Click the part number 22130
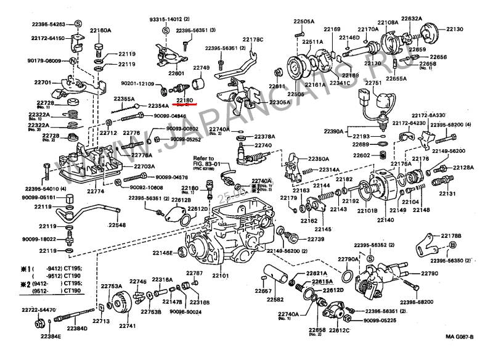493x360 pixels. click(x=455, y=29)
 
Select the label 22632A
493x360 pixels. click(x=412, y=18)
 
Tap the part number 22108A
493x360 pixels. click(x=388, y=23)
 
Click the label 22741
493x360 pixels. click(x=128, y=325)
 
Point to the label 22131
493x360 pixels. click(x=447, y=194)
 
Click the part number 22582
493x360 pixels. click(x=275, y=300)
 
